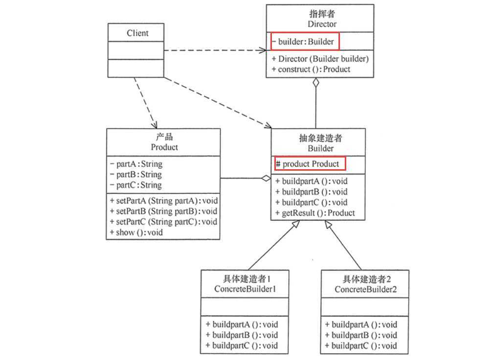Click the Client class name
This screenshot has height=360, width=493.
click(138, 33)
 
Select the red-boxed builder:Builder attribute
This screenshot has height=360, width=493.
click(304, 42)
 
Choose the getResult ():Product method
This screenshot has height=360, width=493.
click(315, 213)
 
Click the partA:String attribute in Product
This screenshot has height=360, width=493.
click(136, 164)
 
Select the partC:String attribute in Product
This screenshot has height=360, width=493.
click(136, 185)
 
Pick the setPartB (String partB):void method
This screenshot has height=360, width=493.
click(163, 211)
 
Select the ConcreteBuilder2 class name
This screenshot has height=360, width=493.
click(365, 289)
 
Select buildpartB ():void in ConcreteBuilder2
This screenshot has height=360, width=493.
click(364, 335)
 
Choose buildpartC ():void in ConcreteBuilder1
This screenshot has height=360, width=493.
click(242, 346)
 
